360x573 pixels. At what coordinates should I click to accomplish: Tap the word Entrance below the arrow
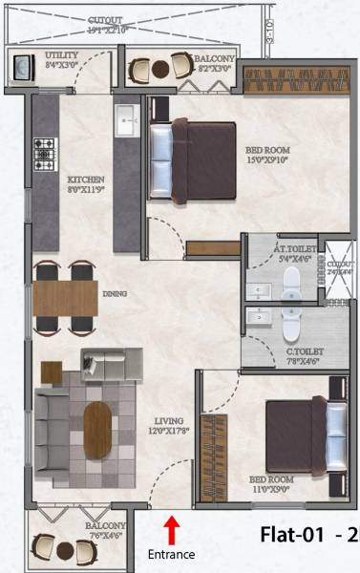coord(172,554)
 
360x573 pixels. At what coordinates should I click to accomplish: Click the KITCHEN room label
coord(85,179)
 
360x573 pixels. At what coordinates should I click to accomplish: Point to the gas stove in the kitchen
coord(45,150)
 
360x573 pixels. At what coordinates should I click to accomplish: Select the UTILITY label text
coord(63,55)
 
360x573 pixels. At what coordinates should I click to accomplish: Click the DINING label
coord(116,295)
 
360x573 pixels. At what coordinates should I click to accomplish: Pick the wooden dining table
coord(65,297)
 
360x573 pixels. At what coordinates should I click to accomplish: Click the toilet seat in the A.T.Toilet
coord(291,280)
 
